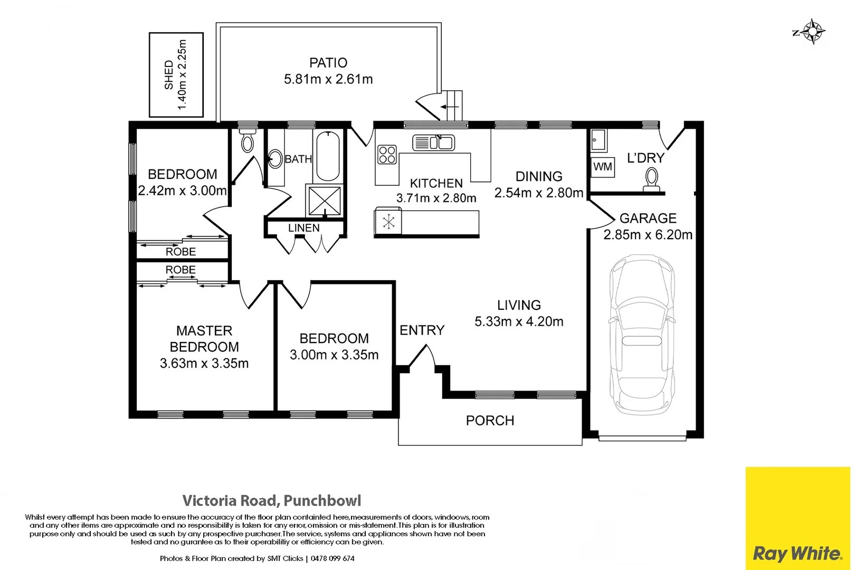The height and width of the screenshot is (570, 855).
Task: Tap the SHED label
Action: click(x=169, y=75)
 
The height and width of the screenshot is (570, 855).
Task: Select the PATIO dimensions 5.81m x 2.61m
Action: click(x=328, y=79)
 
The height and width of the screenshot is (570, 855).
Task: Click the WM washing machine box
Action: click(x=602, y=167)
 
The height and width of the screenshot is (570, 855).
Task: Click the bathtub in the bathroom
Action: click(x=327, y=156)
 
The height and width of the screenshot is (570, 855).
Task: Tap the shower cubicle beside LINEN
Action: click(x=325, y=200)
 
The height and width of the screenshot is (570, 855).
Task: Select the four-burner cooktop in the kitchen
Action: click(x=387, y=154)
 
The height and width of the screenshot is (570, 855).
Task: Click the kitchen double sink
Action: click(x=433, y=142)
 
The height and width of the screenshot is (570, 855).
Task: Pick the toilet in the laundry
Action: click(x=652, y=179)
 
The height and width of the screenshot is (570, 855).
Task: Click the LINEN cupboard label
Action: click(x=303, y=228)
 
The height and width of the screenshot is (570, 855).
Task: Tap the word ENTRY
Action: click(x=422, y=330)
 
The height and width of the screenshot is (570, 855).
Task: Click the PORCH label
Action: click(x=490, y=421)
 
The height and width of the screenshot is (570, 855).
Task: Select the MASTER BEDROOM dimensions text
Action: click(x=204, y=363)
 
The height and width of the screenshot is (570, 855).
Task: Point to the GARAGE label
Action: click(x=648, y=218)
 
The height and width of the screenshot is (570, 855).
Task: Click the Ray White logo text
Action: click(x=797, y=553)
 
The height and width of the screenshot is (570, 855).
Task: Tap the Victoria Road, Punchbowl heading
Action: click(x=272, y=500)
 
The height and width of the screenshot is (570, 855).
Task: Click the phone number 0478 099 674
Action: click(x=332, y=558)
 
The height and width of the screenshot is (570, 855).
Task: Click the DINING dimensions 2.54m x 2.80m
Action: click(x=538, y=193)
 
